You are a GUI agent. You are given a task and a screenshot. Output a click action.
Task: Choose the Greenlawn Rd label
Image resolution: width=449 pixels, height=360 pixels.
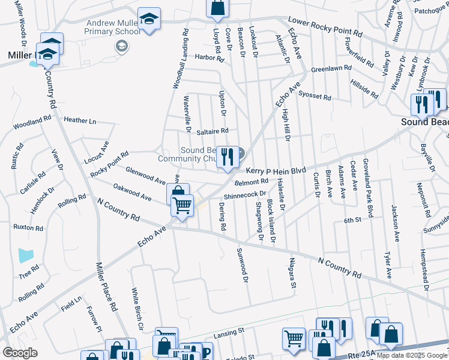tap(331, 69)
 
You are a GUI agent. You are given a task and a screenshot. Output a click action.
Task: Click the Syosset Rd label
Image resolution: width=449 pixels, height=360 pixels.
tap(315, 97)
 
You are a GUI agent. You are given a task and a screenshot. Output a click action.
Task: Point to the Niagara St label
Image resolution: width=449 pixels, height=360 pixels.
tap(292, 273)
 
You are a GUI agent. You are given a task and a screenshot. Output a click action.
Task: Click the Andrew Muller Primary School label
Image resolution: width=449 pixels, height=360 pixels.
tap(112, 26)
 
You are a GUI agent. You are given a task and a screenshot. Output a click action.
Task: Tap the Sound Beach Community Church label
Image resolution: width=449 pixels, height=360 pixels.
tap(186, 155)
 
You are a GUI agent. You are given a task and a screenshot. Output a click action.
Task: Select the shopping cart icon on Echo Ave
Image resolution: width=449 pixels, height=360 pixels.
tap(182, 205)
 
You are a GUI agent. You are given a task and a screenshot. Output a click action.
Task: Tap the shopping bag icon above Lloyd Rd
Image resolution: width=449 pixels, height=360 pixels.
tap(217, 7)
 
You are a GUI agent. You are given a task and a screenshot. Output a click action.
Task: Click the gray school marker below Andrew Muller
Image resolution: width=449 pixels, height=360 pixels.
tap(122, 46)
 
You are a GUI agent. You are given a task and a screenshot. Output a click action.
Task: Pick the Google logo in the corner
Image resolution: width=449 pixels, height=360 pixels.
tap(20, 353)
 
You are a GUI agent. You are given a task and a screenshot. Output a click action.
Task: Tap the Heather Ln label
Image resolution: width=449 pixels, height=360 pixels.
tap(80, 120)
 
